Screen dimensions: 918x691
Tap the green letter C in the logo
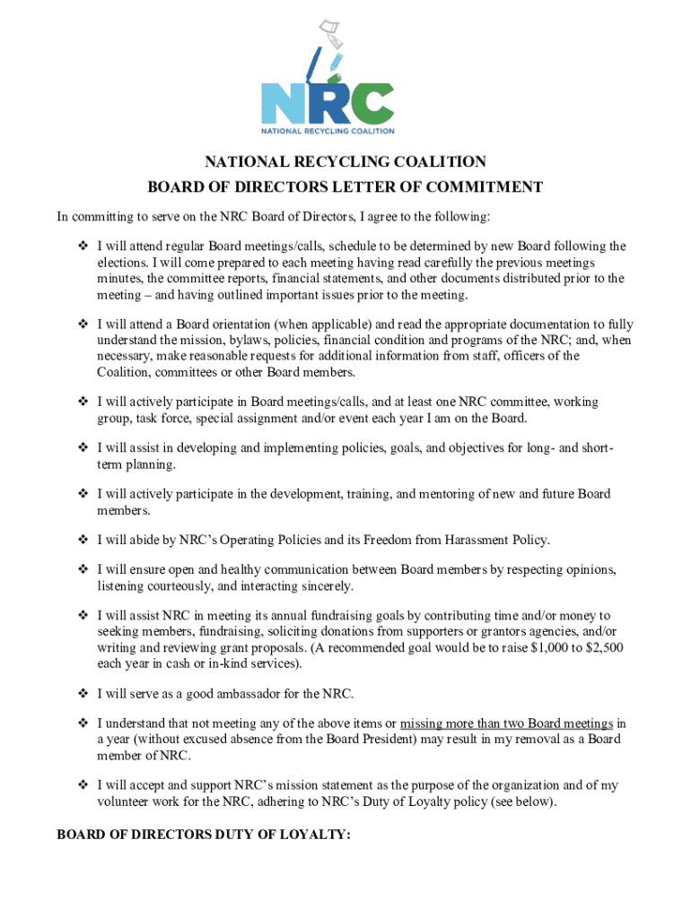coord(372,103)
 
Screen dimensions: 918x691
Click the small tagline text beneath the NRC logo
coord(328,130)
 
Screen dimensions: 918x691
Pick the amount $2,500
coord(599,648)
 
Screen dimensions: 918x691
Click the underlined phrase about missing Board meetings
coord(507,723)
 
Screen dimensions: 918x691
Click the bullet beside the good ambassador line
coord(82,694)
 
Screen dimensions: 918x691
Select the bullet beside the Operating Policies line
coord(82,540)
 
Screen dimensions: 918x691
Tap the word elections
coord(123,262)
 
